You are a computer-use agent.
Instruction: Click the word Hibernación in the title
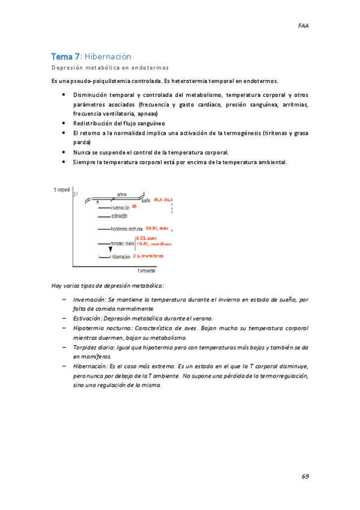click(x=108, y=57)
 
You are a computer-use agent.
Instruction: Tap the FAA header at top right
click(x=304, y=26)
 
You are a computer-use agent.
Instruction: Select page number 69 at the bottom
click(x=305, y=476)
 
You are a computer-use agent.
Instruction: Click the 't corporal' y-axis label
click(x=63, y=189)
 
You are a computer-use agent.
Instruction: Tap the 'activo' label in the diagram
click(x=122, y=194)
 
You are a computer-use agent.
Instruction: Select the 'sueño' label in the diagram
click(x=145, y=200)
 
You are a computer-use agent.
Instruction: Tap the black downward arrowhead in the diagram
click(x=110, y=250)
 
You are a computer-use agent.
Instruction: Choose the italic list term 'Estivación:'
click(x=88, y=318)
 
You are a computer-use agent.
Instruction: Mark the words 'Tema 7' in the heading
click(x=66, y=57)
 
